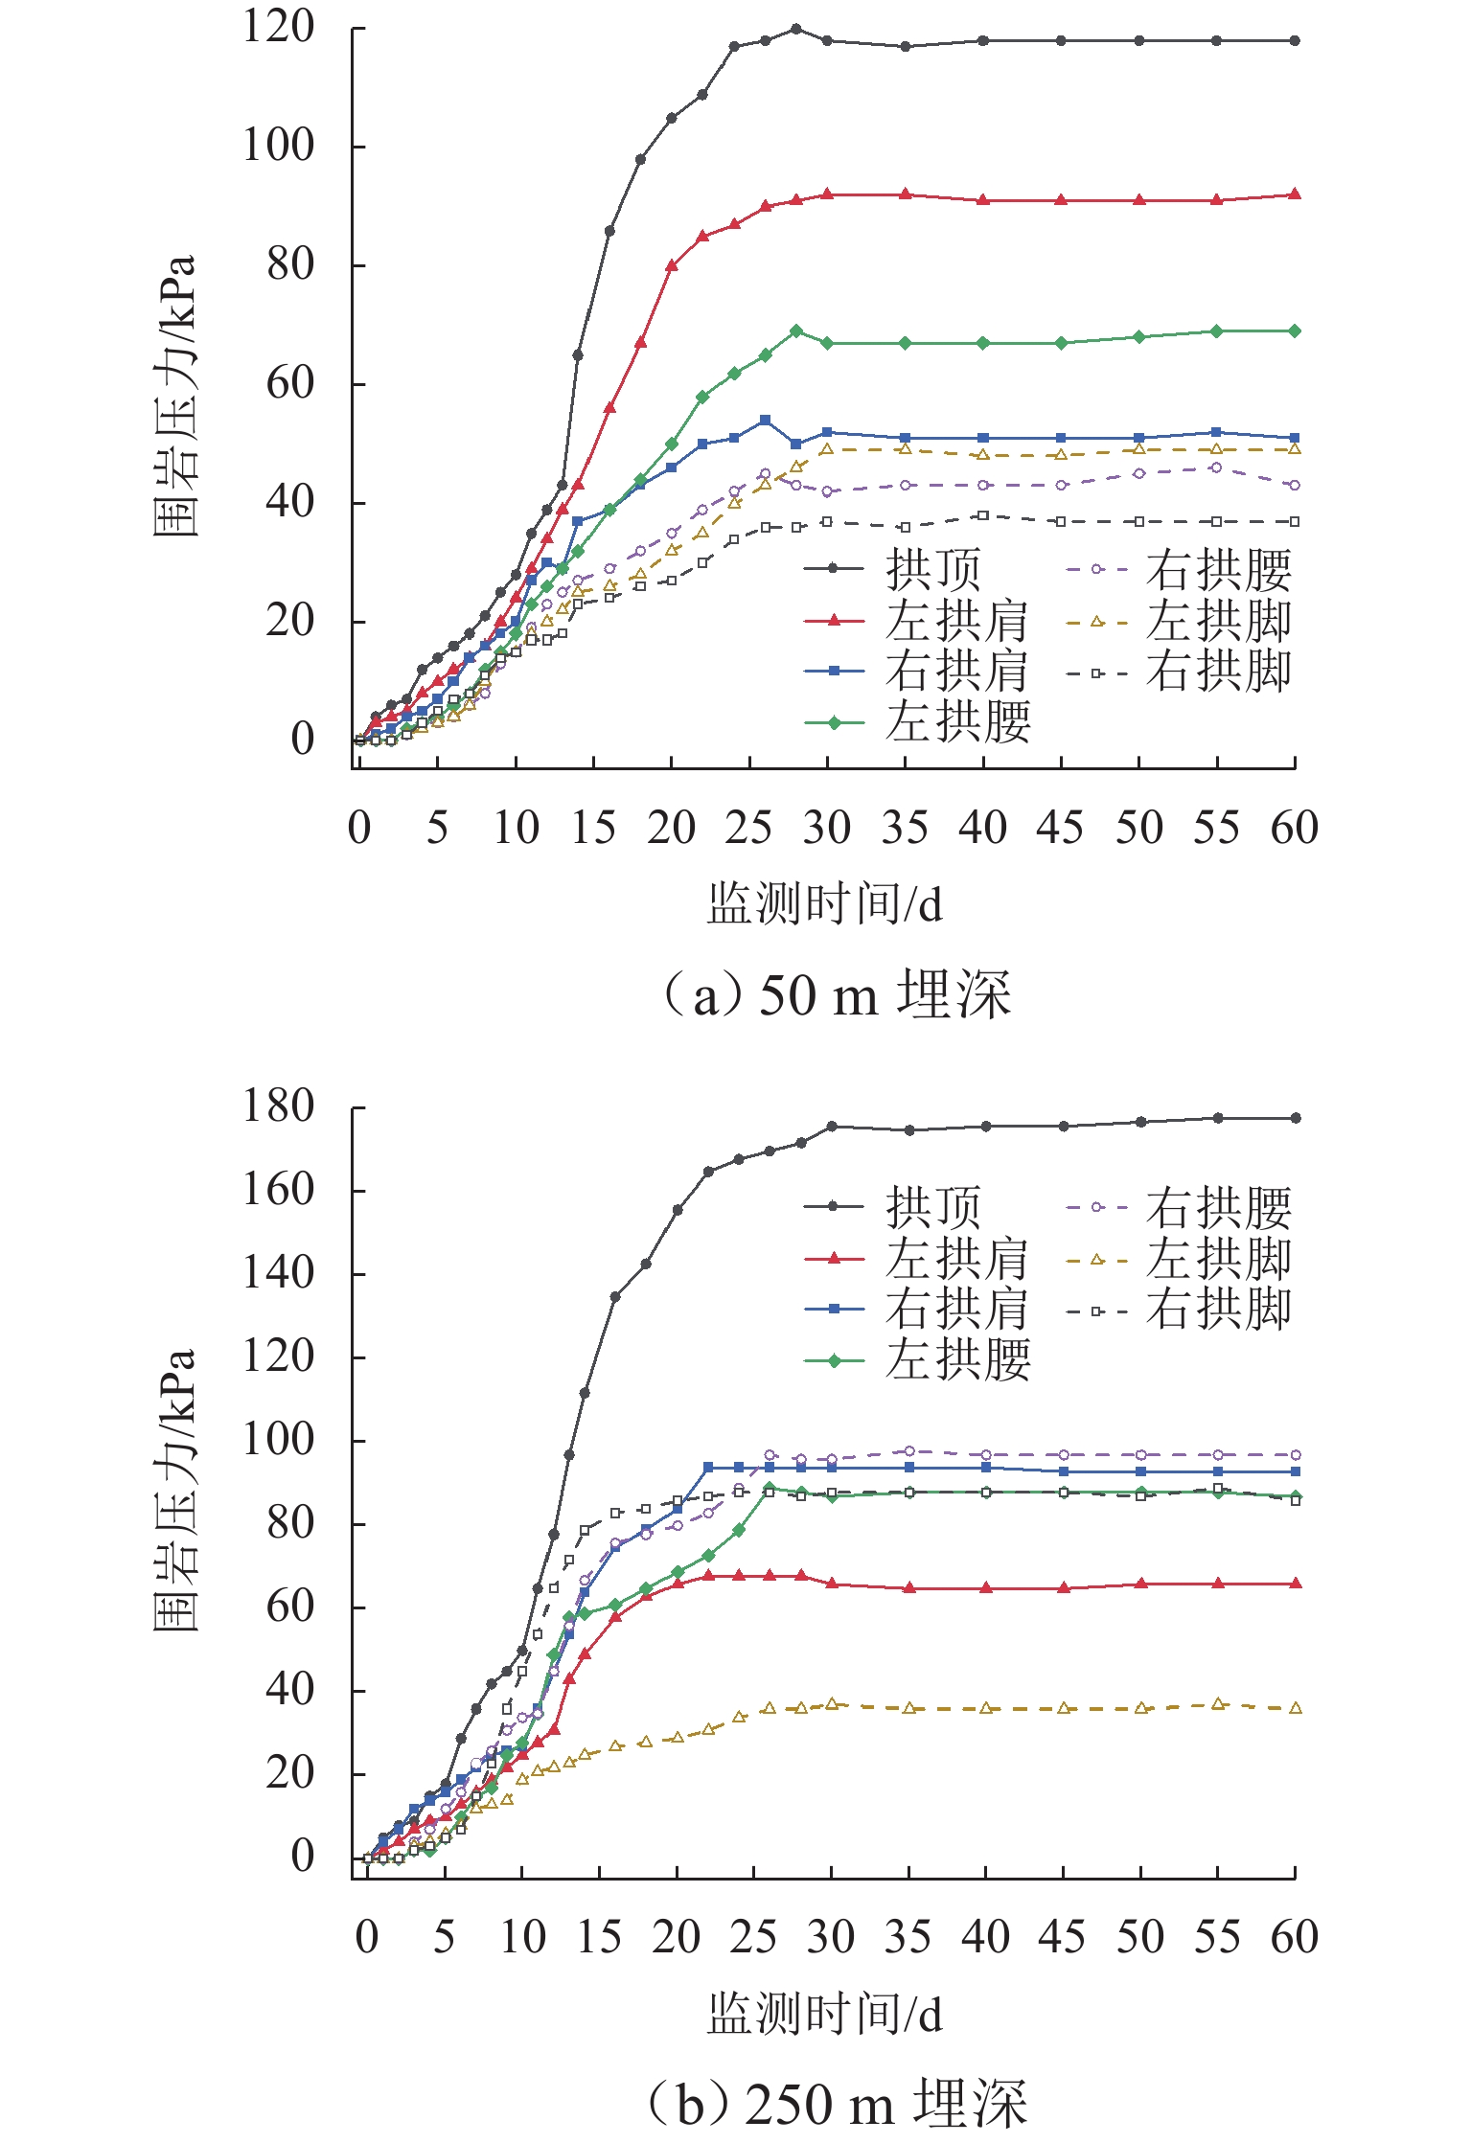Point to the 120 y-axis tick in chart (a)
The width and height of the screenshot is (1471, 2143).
[x=278, y=28]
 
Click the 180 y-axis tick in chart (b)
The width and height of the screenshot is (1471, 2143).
[x=278, y=1107]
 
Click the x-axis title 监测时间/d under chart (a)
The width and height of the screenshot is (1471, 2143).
[x=824, y=904]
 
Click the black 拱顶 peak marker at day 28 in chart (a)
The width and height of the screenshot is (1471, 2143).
[x=796, y=29]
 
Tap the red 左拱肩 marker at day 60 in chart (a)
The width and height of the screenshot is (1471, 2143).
[x=1295, y=194]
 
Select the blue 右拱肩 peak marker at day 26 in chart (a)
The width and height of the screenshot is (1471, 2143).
[x=765, y=421]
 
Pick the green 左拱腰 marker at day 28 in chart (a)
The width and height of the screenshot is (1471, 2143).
[x=796, y=331]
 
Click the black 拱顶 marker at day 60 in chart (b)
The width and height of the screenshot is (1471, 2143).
[x=1296, y=1118]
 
